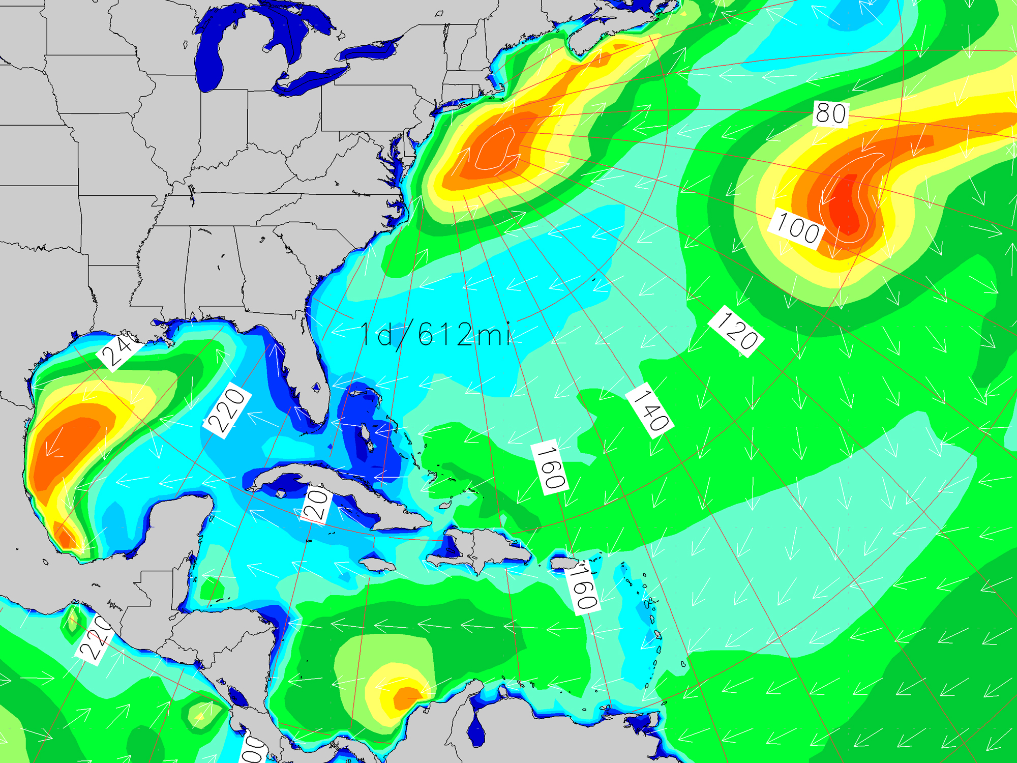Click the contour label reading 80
831,113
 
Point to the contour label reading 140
649,409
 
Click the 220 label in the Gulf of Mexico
227,410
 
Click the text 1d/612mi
435,335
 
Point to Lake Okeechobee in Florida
316,388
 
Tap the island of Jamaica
378,565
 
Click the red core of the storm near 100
844,203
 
